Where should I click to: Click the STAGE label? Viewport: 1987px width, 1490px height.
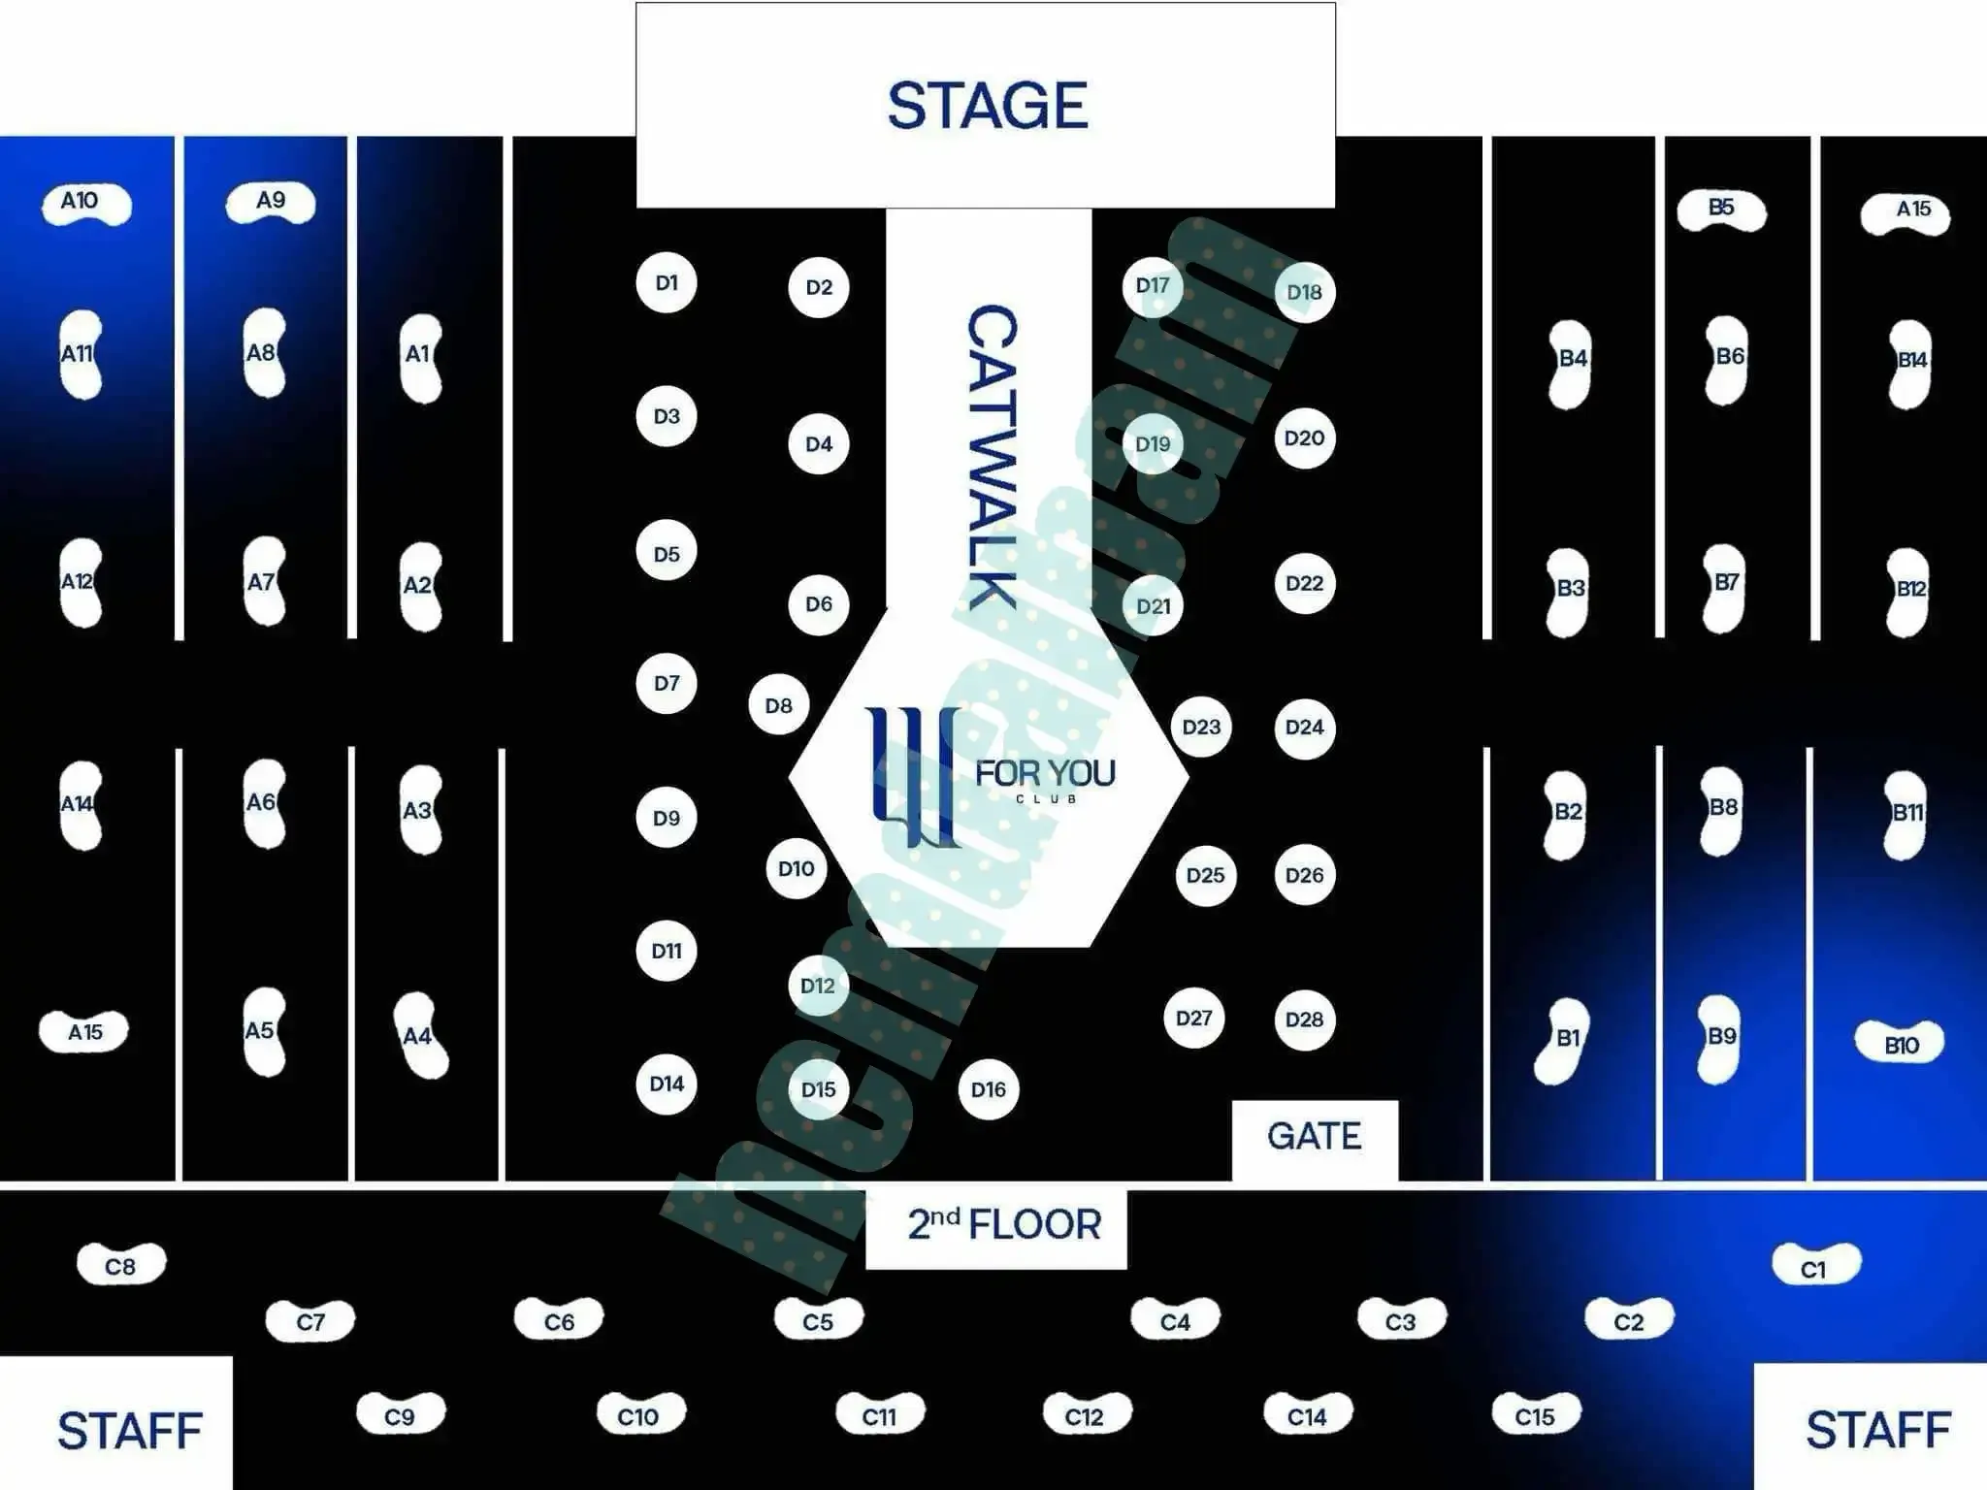point(987,105)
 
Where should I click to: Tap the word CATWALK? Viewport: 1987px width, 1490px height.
point(992,456)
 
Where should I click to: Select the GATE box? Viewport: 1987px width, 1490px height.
point(1315,1137)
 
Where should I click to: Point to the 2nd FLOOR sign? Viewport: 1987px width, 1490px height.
point(999,1224)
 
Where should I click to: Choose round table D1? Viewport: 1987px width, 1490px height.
point(667,283)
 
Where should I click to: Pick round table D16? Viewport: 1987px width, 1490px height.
point(988,1089)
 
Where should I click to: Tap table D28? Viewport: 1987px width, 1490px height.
point(1304,1020)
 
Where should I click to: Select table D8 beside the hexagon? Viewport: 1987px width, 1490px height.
point(778,705)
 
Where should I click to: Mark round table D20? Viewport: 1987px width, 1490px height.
point(1304,438)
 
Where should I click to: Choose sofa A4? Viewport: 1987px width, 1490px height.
point(420,1035)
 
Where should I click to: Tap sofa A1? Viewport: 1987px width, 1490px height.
point(420,356)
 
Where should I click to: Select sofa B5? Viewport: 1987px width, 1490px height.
point(1721,210)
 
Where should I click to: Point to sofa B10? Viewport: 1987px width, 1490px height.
point(1901,1045)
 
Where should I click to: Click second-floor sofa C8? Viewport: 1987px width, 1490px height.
point(121,1265)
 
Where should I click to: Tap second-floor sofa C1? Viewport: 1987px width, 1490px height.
point(1815,1266)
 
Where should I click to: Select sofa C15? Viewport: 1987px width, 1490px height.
point(1535,1415)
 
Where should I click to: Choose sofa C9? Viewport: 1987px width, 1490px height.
point(401,1415)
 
